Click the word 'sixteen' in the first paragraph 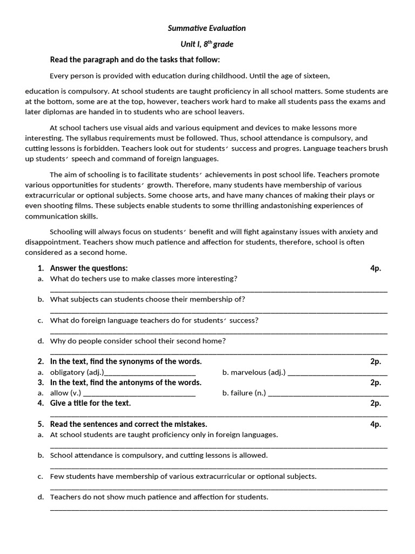click(x=315, y=76)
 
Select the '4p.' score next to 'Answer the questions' click(x=376, y=268)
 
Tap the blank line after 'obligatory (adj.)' click(x=151, y=373)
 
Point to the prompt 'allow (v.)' click(x=65, y=393)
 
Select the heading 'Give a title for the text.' click(x=90, y=403)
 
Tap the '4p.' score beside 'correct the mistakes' click(x=376, y=424)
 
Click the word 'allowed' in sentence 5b click(x=254, y=456)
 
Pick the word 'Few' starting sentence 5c click(x=57, y=476)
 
